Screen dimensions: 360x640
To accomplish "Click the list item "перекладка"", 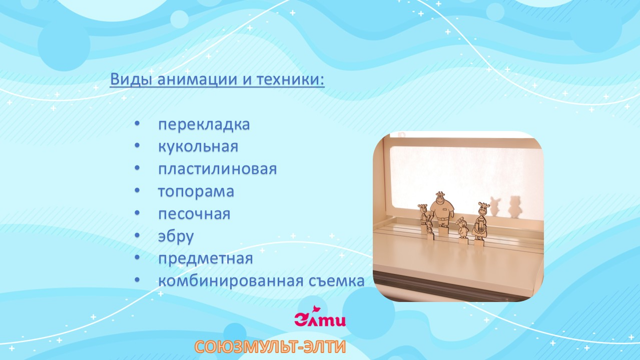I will click(x=204, y=124).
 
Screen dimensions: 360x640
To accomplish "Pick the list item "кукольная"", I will click(x=198, y=147).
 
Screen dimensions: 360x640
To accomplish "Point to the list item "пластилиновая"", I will click(x=217, y=169).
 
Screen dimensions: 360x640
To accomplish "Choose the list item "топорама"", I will click(x=196, y=191).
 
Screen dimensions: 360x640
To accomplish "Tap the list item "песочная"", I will click(x=194, y=214).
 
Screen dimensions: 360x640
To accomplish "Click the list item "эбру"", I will click(x=176, y=236).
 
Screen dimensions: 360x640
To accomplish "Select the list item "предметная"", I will click(x=205, y=259).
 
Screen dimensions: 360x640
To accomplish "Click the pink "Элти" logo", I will click(x=320, y=318).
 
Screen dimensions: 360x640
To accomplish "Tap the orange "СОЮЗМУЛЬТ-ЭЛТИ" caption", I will click(x=270, y=347).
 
